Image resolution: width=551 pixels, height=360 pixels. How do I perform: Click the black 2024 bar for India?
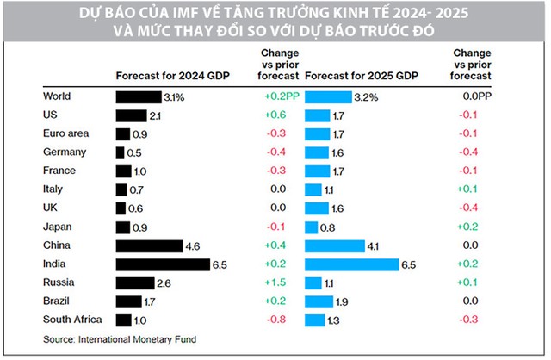(x=163, y=264)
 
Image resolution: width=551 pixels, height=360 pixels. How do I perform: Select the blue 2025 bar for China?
(x=334, y=245)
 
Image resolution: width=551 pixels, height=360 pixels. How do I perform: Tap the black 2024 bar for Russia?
(x=135, y=282)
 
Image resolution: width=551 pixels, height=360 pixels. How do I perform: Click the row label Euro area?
(x=65, y=133)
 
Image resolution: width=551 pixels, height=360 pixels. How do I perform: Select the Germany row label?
(x=62, y=152)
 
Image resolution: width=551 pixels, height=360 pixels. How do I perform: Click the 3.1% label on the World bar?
(x=175, y=97)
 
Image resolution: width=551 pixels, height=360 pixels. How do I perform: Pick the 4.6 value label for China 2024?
(x=194, y=245)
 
